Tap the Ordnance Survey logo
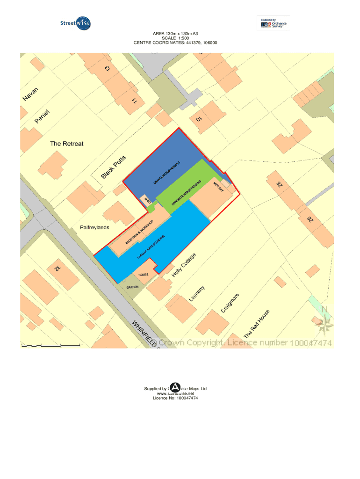(x=273, y=23)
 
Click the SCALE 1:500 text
(x=175, y=38)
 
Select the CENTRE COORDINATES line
(x=175, y=43)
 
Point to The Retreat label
(x=66, y=144)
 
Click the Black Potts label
(x=114, y=167)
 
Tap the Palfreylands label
(x=94, y=227)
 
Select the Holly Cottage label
(x=186, y=265)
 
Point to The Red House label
(x=257, y=324)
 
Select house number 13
(x=108, y=68)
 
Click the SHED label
(x=148, y=201)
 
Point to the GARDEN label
(x=132, y=287)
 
